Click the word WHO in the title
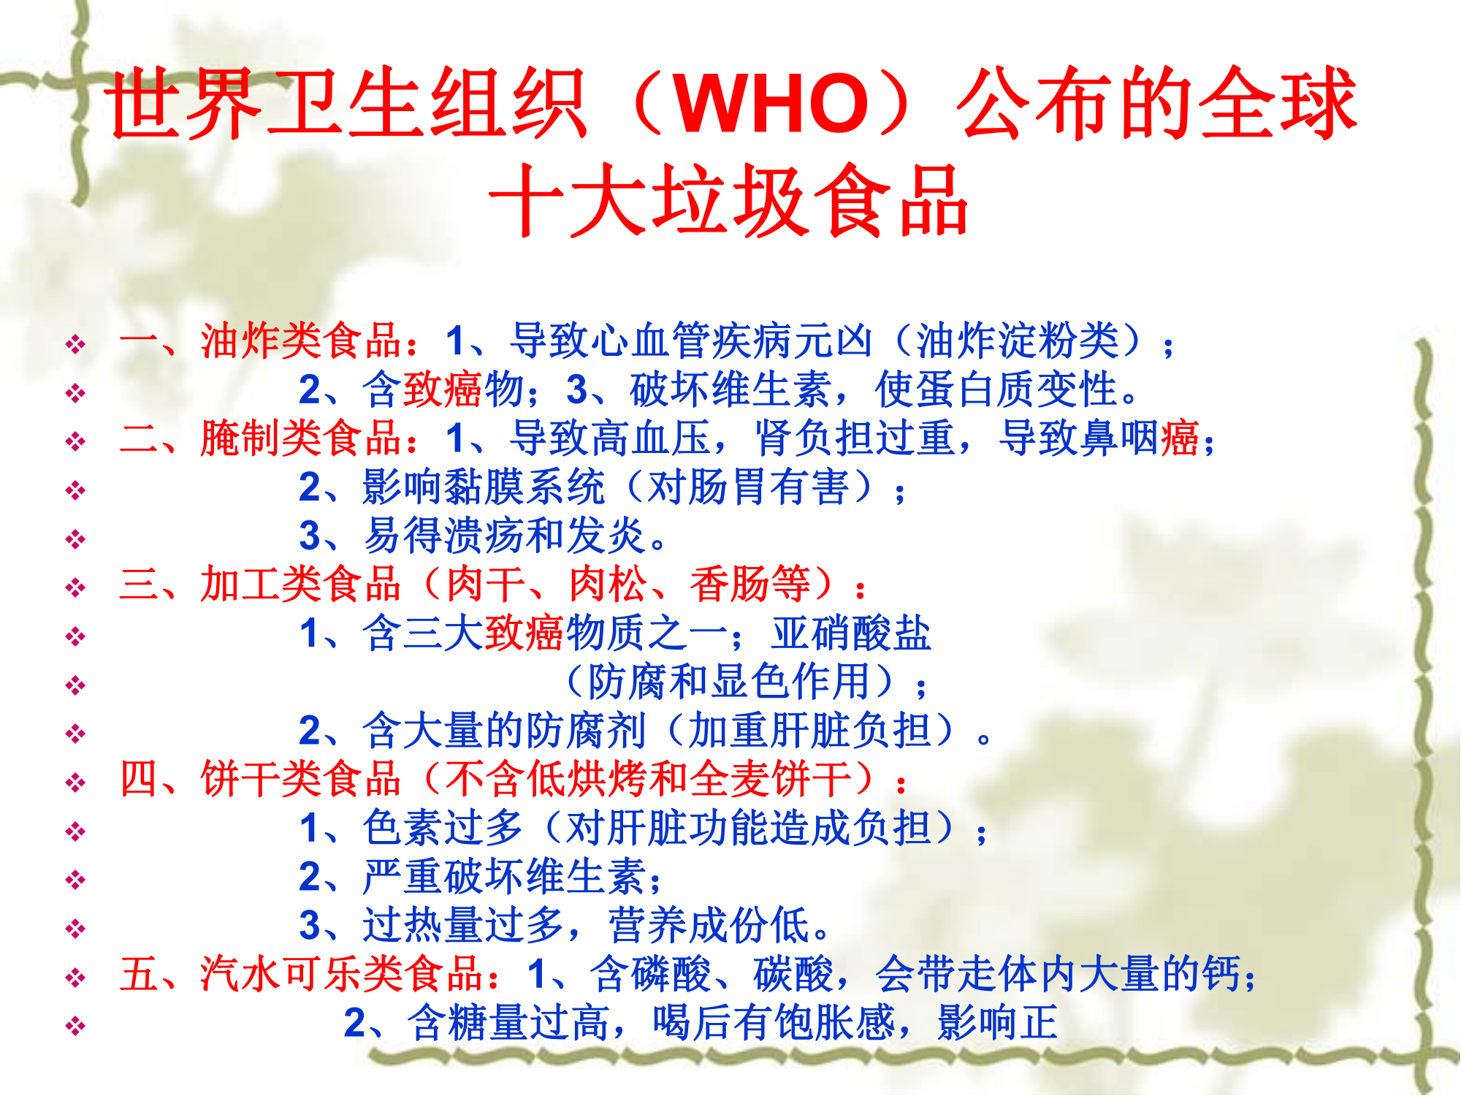click(771, 103)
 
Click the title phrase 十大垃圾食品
click(729, 200)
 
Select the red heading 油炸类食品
click(301, 340)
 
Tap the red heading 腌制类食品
click(301, 438)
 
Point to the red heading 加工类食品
click(301, 584)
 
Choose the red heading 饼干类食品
click(301, 779)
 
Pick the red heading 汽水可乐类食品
click(342, 974)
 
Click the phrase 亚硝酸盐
click(852, 633)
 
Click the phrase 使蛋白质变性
click(997, 389)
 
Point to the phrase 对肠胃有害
click(748, 487)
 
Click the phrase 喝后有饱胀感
click(774, 1022)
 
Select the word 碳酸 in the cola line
click(793, 974)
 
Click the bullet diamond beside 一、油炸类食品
click(75, 344)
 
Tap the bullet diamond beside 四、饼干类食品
click(75, 783)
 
